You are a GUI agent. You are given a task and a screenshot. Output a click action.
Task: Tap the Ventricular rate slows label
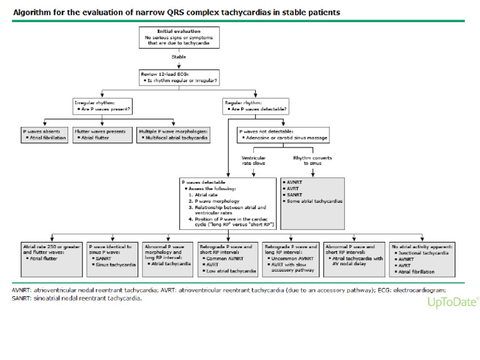(x=253, y=161)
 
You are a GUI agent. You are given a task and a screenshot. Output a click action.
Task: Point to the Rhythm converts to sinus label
(x=308, y=161)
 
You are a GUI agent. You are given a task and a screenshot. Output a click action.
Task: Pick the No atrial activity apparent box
(x=421, y=259)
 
